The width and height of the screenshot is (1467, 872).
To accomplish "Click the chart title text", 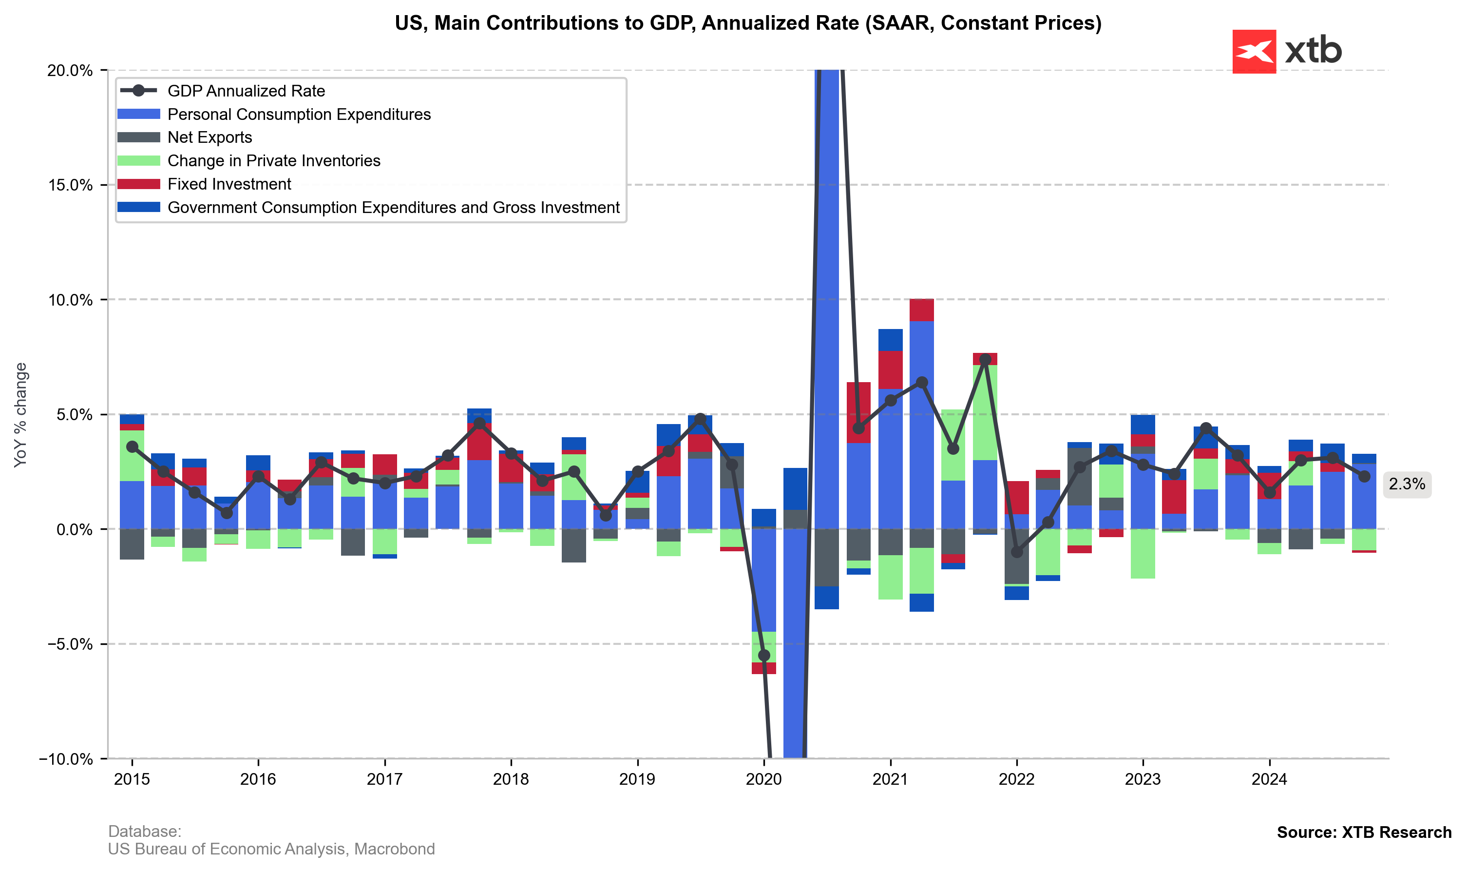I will (x=747, y=23).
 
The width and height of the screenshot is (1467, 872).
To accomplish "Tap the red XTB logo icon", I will (x=1254, y=52).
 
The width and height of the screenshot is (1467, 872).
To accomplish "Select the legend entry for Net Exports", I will (x=209, y=137).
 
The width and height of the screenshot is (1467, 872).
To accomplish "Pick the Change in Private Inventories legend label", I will (x=274, y=161).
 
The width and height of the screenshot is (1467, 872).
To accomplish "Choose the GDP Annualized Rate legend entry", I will (x=246, y=91).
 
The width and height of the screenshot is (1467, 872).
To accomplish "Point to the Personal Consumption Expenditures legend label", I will (x=299, y=115).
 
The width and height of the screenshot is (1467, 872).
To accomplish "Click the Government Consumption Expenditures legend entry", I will (x=394, y=208).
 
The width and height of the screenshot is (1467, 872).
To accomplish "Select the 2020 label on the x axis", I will (x=763, y=780).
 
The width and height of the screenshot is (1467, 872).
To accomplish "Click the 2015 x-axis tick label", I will (x=132, y=780).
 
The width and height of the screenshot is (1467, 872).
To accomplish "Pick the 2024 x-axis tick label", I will (x=1269, y=780).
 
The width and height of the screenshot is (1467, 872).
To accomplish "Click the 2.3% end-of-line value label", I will (x=1407, y=484).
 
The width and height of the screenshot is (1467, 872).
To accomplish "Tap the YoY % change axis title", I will (x=20, y=415).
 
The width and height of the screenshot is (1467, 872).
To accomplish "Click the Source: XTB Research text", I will (x=1364, y=833).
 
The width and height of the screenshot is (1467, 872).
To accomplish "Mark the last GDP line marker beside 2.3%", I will (x=1364, y=477).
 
